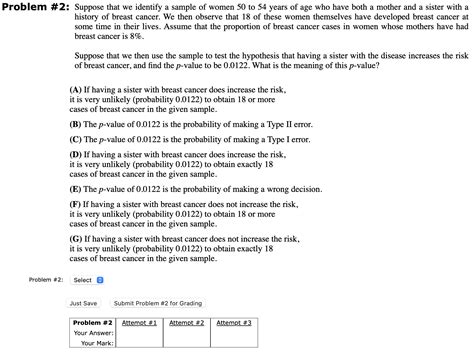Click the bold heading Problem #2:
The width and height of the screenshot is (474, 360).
click(31, 9)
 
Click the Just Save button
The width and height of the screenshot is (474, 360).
click(84, 302)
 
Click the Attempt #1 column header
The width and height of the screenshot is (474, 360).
click(139, 323)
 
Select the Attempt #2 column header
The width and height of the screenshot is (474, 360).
click(187, 323)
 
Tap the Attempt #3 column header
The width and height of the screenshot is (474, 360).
click(234, 323)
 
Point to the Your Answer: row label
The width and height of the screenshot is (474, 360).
click(93, 333)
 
